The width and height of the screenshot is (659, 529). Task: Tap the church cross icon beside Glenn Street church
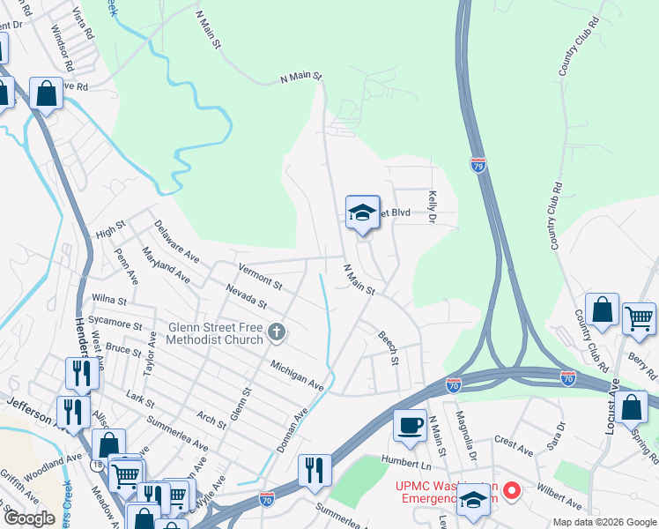(277, 332)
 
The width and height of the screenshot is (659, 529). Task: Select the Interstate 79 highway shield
(478, 165)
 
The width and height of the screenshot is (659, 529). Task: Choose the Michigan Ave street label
(298, 376)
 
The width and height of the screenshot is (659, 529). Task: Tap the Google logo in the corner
(28, 518)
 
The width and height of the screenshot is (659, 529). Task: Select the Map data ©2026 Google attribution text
(603, 521)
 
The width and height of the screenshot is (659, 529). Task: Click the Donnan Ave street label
(292, 431)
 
